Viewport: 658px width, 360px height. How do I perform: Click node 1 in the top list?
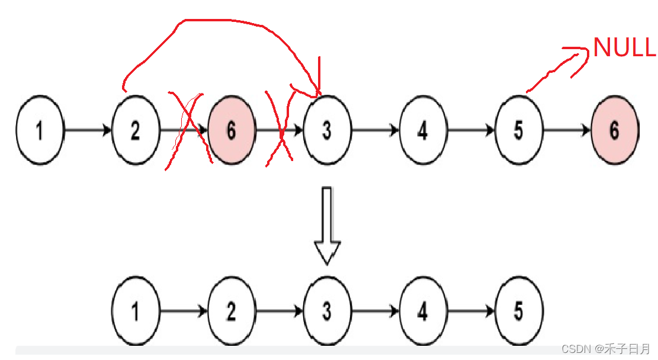tap(40, 130)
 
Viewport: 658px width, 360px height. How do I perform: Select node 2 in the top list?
tap(136, 130)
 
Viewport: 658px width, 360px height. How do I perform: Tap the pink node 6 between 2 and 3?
tap(231, 130)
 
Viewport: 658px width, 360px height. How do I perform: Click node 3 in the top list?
tap(327, 130)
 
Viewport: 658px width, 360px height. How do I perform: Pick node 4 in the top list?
tap(422, 130)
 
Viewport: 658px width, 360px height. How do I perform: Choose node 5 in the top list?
tap(518, 130)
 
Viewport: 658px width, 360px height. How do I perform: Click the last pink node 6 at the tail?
tap(614, 130)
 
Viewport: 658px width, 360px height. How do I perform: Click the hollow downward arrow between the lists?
tap(327, 225)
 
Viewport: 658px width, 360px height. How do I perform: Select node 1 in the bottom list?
tap(136, 311)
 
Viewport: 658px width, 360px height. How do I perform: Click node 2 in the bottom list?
tap(231, 311)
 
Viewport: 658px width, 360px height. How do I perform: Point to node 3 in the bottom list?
tap(327, 311)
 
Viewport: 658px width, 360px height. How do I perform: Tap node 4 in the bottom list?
tap(422, 311)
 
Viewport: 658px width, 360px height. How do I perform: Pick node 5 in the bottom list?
tap(518, 311)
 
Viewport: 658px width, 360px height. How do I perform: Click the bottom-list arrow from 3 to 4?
tap(375, 311)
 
